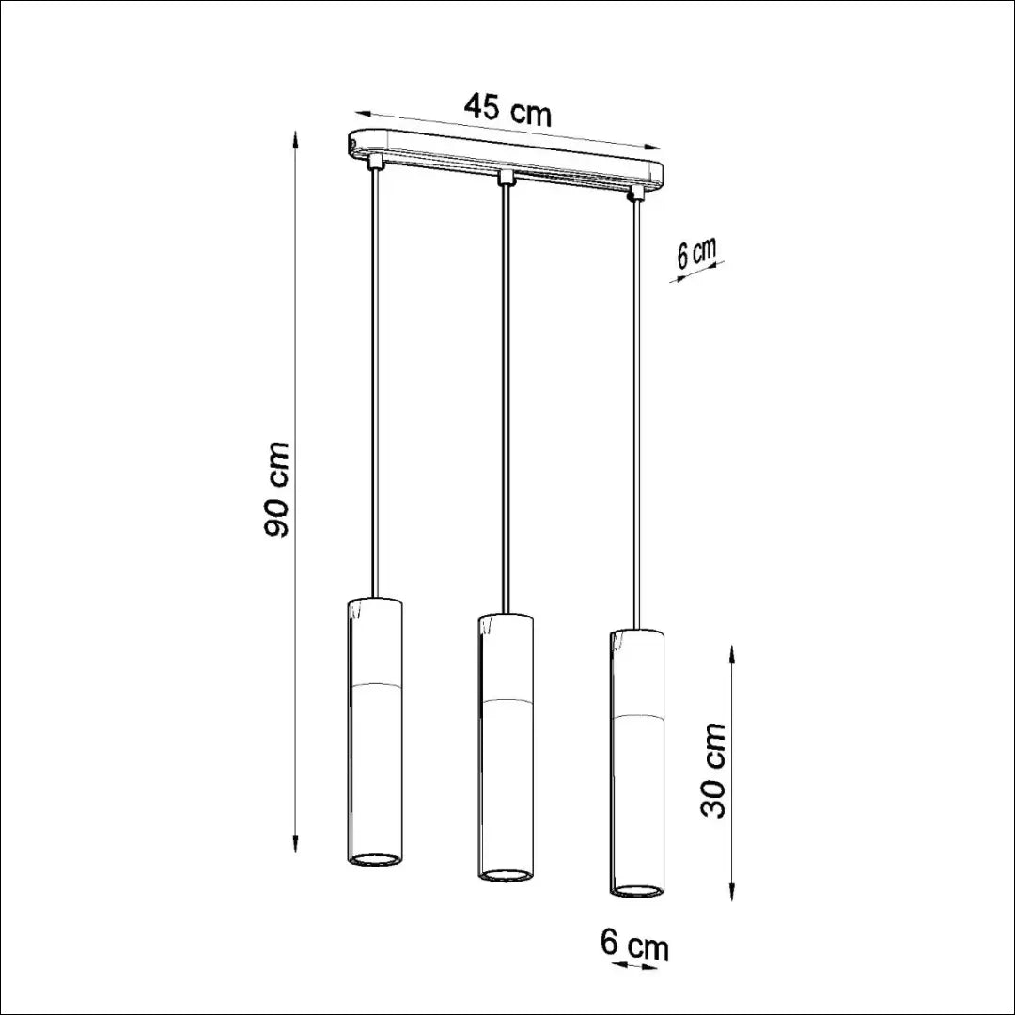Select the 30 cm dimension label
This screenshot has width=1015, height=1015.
(712, 771)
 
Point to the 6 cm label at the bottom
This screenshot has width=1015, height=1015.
(634, 945)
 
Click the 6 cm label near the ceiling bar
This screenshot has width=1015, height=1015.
(697, 253)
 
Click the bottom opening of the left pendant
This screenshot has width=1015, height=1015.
(373, 859)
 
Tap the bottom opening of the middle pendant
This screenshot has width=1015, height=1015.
(507, 875)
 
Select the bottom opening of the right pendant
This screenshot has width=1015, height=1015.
(637, 890)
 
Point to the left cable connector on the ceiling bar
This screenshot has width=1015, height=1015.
(373, 162)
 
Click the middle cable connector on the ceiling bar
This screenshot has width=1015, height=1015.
(506, 178)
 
